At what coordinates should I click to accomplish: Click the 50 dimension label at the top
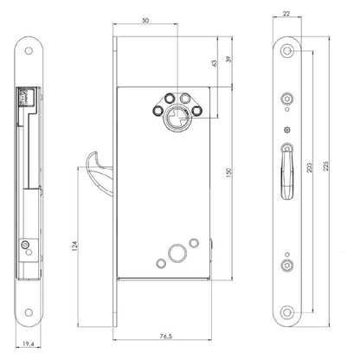(x=145, y=20)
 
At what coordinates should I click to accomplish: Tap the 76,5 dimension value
(x=166, y=336)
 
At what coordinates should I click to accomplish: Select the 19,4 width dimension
(x=29, y=344)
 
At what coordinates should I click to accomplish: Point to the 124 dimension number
(x=74, y=246)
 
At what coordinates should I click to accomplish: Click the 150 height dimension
(x=228, y=172)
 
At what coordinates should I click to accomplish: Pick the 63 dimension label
(x=214, y=63)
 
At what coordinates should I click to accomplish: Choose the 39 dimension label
(x=228, y=59)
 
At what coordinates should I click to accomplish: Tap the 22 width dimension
(x=286, y=13)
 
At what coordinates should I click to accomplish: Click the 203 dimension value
(x=309, y=168)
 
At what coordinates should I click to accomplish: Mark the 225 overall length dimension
(x=326, y=166)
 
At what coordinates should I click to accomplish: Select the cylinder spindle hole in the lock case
(x=176, y=119)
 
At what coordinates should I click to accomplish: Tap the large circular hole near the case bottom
(x=177, y=254)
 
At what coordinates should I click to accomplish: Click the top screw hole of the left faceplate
(x=29, y=51)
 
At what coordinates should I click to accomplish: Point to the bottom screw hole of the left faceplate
(x=29, y=312)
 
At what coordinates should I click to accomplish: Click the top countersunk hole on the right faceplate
(x=287, y=51)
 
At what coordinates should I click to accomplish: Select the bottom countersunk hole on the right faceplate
(x=287, y=312)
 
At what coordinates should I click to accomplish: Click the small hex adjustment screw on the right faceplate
(x=287, y=130)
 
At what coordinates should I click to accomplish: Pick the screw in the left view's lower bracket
(x=25, y=245)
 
